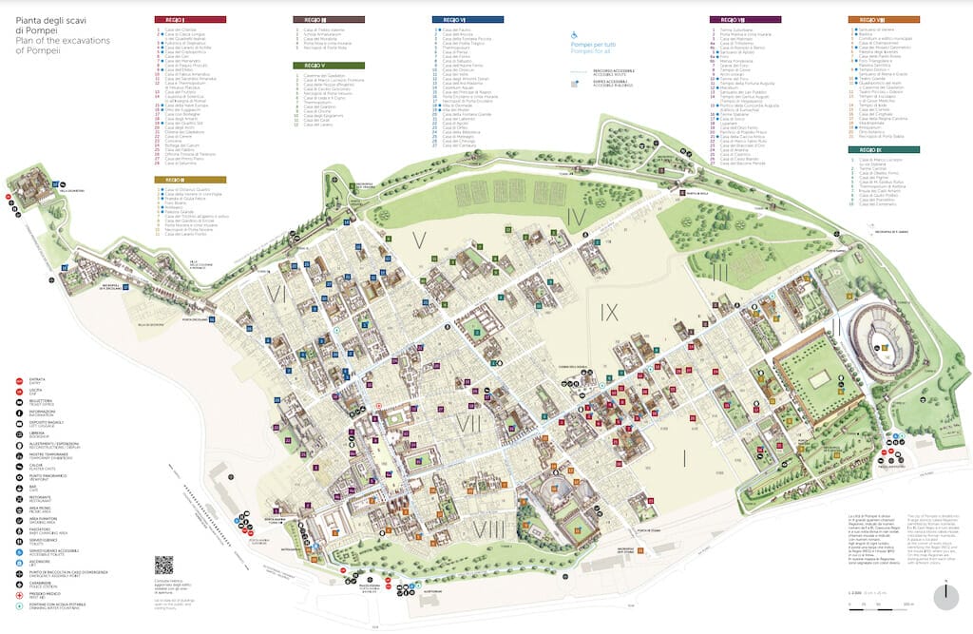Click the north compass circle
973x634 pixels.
945,595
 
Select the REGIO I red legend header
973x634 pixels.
189,19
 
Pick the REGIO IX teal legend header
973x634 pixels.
883,149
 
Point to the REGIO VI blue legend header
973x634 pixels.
467,19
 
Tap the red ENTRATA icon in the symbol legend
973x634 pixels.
20,378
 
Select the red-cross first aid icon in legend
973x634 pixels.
20,592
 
